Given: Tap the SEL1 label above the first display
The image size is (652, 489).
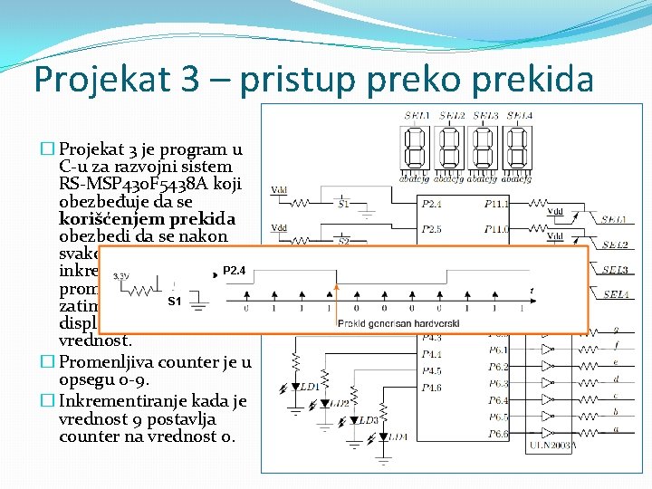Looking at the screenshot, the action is (417, 115).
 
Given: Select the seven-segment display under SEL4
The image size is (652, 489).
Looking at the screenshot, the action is (517, 146).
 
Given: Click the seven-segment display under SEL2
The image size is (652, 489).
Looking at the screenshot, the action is (451, 146).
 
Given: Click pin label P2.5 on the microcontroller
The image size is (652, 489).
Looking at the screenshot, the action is (432, 229).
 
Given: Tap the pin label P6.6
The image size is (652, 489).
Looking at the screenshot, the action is (498, 434).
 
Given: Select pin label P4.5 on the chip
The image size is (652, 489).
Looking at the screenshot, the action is (432, 370).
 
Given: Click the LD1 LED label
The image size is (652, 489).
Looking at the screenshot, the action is (310, 387).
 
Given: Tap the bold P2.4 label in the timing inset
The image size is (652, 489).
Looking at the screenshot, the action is (235, 270).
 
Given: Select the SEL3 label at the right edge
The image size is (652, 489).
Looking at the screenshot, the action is (616, 270).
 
